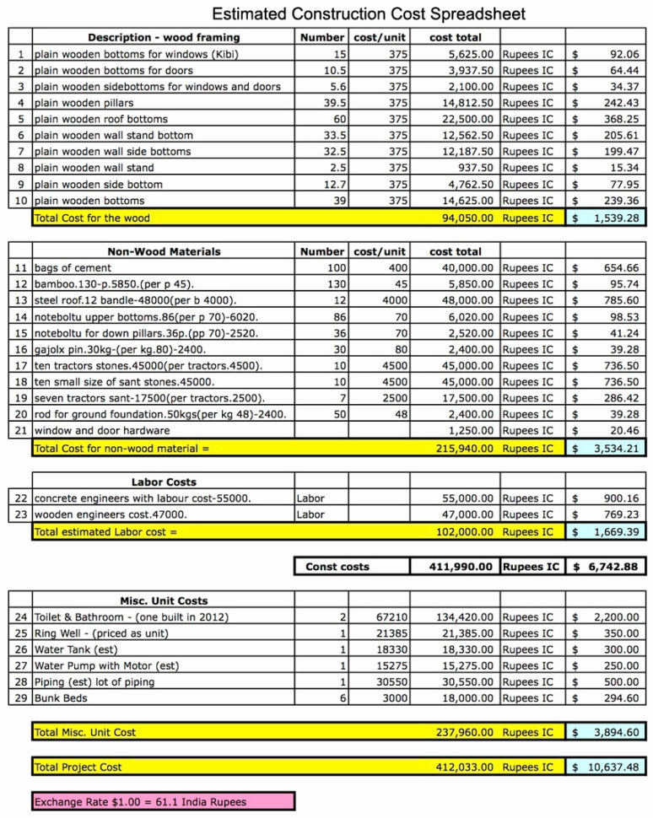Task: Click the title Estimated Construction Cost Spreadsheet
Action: point(369,13)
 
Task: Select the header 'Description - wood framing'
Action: point(164,37)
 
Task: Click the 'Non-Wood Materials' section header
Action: point(164,251)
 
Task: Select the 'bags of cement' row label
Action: point(73,267)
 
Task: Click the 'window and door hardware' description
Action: point(102,430)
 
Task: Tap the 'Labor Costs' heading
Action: point(164,482)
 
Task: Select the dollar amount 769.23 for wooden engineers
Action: point(620,514)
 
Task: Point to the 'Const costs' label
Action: point(337,567)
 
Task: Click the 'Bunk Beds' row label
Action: point(61,698)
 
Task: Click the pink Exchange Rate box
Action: point(163,801)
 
